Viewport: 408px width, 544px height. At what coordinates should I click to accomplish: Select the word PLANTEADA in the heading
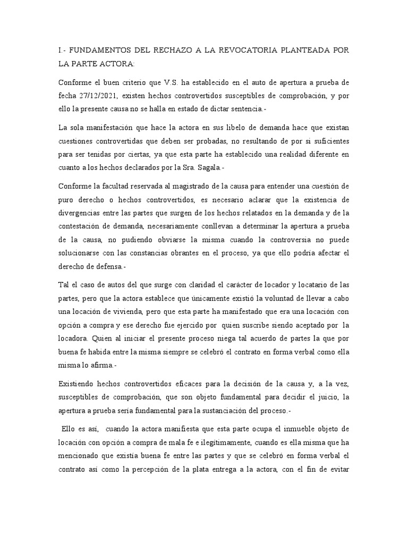tap(303, 49)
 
